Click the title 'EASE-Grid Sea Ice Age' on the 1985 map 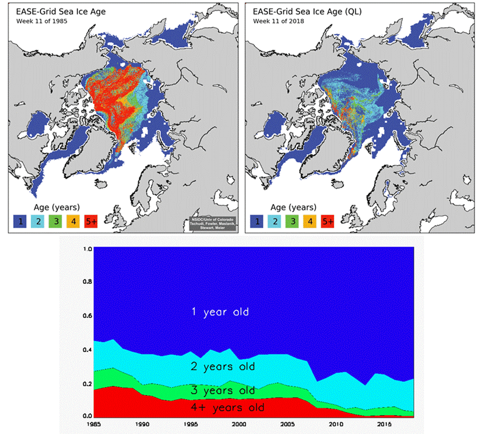[x=61, y=11]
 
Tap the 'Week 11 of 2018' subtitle [x=278, y=21]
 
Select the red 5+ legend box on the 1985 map [x=91, y=221]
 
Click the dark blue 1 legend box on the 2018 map [x=257, y=221]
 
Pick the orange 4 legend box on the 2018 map [x=310, y=221]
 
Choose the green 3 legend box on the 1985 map [x=55, y=221]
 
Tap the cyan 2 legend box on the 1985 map [x=38, y=221]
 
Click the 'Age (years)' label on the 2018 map [x=293, y=207]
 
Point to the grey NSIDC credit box [x=212, y=223]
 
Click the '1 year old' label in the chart [x=220, y=312]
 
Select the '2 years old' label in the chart [x=223, y=367]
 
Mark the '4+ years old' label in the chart [x=227, y=408]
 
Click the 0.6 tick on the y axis [x=87, y=316]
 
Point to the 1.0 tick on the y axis [x=87, y=249]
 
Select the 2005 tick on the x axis [x=288, y=424]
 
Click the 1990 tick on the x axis [x=142, y=424]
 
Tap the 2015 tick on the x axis [x=384, y=424]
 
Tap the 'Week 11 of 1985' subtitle [x=42, y=21]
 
